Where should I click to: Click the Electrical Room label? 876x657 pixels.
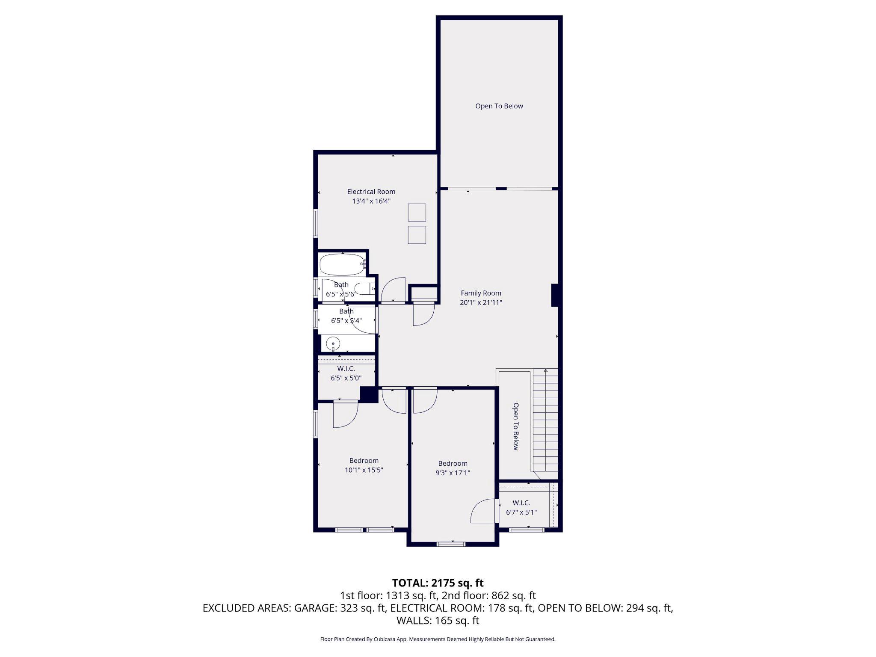(371, 192)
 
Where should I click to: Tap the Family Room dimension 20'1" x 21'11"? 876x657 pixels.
(481, 302)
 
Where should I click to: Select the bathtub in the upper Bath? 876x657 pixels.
(341, 265)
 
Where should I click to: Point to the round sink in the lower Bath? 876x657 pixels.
(333, 343)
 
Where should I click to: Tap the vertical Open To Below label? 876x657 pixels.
(515, 426)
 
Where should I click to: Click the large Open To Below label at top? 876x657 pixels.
(499, 106)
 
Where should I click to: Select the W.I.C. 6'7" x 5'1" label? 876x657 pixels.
(521, 508)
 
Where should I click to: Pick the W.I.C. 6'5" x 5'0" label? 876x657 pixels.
(346, 373)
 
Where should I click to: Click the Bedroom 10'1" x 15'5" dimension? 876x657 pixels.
(364, 470)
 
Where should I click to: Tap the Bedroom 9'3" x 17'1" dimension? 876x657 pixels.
(453, 473)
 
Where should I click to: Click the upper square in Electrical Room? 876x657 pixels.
(417, 213)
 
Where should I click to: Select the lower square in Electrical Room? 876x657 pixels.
(417, 235)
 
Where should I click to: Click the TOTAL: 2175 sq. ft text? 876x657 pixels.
(438, 583)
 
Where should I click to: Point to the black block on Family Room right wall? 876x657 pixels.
(554, 295)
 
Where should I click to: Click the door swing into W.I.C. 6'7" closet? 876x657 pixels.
(483, 511)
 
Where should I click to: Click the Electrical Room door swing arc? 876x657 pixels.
(393, 290)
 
